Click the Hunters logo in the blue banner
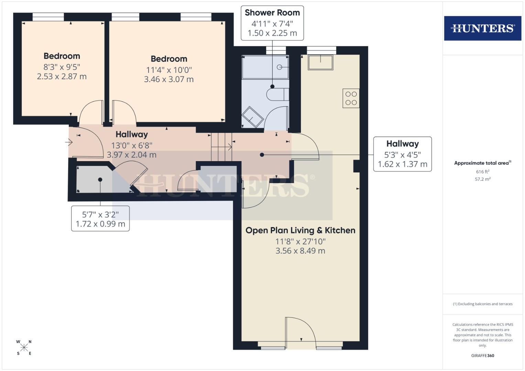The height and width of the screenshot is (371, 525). coord(482,28)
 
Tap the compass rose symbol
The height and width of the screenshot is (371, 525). coord(24,348)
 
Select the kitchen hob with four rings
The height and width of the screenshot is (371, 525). coord(351,98)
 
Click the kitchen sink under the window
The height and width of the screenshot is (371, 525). coord(320,62)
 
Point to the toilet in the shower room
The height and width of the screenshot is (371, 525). coord(277,94)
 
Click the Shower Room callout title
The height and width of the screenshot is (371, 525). coord(272,13)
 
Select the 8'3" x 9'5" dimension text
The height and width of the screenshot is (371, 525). coord(62,67)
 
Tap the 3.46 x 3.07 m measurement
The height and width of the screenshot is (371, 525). coord(169,79)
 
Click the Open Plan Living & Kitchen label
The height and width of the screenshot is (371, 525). coord(300,230)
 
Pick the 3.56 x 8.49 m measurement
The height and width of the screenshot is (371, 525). coord(300,251)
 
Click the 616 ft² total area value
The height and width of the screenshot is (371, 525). coord(482,172)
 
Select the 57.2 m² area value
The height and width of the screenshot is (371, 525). coord(482,179)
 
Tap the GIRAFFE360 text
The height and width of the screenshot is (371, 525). coord(482,356)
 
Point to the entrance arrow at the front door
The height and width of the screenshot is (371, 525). coord(68,142)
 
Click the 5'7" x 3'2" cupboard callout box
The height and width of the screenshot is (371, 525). coord(100,219)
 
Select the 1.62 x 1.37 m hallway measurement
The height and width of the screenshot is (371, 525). coord(402,164)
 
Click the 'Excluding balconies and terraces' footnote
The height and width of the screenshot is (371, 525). coord(482,304)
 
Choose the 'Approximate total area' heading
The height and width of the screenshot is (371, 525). coord(482,163)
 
